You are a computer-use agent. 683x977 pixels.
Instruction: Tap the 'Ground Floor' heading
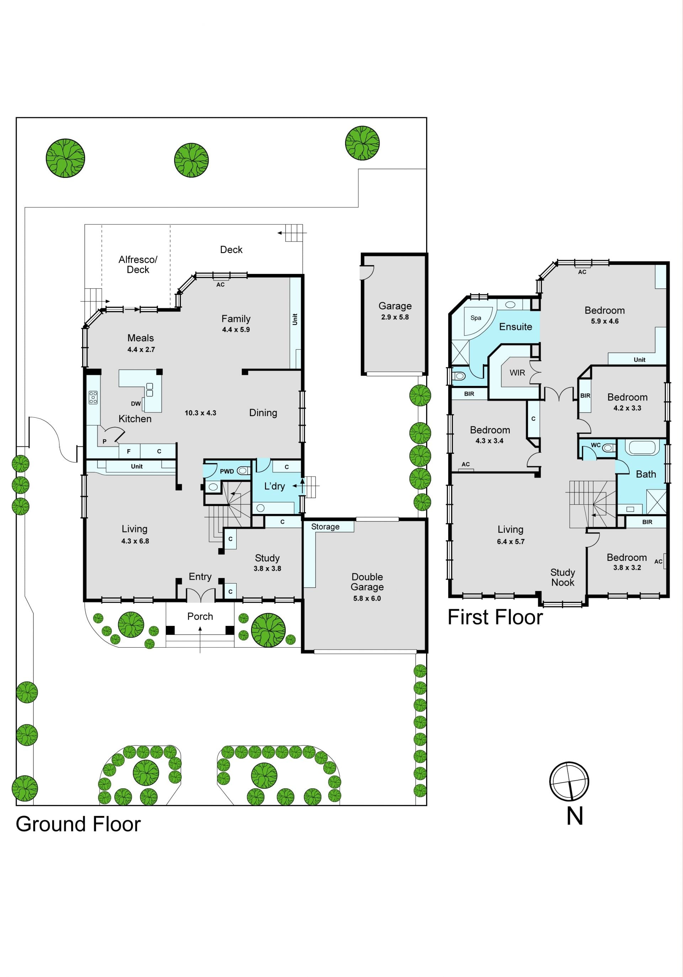click(x=78, y=824)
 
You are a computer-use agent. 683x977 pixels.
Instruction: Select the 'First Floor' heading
click(x=495, y=617)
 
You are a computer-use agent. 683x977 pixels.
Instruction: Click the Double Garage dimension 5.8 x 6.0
click(x=367, y=598)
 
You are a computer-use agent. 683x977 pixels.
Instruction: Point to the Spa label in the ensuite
click(x=476, y=318)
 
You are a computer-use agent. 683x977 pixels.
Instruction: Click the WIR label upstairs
click(x=518, y=373)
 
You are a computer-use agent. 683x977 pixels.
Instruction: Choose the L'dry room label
click(x=275, y=487)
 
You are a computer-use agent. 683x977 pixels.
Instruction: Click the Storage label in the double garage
click(x=325, y=527)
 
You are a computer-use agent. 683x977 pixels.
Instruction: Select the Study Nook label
click(x=562, y=578)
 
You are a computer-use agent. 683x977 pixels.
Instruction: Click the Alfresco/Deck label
click(x=138, y=264)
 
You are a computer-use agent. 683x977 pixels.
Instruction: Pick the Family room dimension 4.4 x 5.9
click(x=236, y=329)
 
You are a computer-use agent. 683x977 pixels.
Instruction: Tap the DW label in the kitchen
click(x=136, y=404)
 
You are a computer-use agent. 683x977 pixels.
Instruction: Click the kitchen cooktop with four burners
click(x=93, y=397)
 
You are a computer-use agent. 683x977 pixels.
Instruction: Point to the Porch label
click(x=200, y=617)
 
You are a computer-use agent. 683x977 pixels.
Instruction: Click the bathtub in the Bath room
click(x=644, y=448)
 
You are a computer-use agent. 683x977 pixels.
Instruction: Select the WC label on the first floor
click(x=596, y=445)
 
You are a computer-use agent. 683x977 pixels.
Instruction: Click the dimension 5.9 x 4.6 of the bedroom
click(x=605, y=321)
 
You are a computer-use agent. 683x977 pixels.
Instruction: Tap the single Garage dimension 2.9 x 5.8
click(x=395, y=317)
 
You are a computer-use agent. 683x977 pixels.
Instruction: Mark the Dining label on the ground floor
click(x=263, y=413)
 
